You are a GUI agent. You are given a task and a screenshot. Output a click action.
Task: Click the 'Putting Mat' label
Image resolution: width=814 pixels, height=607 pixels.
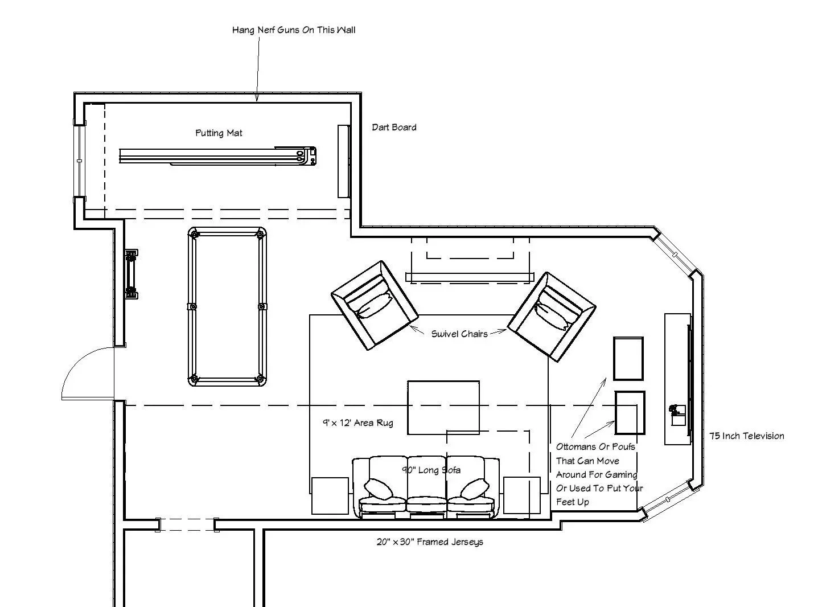219,133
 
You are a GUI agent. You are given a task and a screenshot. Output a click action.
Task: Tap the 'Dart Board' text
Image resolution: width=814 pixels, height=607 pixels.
394,127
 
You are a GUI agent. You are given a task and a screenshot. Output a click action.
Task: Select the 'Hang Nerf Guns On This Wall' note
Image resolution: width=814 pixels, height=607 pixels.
294,30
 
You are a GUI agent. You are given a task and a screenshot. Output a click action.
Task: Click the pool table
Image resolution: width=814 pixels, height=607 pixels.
227,307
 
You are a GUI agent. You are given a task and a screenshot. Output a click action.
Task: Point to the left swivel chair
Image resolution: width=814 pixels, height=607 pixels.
375,305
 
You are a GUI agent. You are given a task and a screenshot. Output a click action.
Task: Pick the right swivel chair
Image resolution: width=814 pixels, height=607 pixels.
552,317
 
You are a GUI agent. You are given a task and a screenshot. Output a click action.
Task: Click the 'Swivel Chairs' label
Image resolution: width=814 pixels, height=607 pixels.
459,334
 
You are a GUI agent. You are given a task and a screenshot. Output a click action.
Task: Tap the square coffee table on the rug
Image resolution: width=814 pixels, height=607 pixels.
443,407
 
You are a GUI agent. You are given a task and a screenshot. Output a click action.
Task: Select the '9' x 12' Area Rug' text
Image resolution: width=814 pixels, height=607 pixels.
357,423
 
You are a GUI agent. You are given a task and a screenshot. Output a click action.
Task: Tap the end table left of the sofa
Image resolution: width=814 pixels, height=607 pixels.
330,496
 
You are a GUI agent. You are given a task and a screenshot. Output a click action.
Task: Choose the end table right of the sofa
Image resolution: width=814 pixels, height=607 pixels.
522,495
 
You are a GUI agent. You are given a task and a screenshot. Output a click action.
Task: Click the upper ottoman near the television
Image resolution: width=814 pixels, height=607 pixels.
628,359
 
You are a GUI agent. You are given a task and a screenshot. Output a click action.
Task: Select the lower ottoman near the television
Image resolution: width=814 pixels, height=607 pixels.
630,413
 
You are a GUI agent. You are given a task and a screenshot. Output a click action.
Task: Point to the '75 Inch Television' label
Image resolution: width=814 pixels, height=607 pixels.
746,436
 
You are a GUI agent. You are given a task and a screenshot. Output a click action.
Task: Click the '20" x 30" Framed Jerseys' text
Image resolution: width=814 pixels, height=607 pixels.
430,542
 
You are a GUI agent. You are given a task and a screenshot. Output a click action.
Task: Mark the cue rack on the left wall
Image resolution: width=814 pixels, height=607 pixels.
131,274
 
